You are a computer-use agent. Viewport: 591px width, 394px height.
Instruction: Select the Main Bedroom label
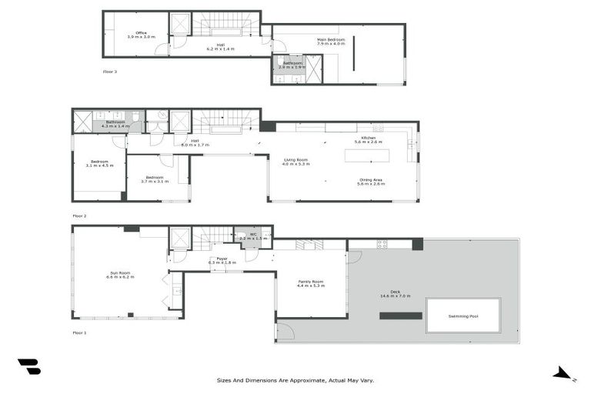tap(331, 41)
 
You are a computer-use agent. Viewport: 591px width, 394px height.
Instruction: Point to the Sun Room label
tap(119, 275)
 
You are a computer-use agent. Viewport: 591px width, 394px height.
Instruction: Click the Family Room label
tap(311, 283)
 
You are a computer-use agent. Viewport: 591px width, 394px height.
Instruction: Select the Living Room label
tap(295, 162)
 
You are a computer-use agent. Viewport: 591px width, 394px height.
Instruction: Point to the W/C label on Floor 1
tap(252, 237)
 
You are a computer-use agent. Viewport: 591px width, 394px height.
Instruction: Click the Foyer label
tap(221, 261)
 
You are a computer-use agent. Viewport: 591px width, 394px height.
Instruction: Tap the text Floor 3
tap(110, 72)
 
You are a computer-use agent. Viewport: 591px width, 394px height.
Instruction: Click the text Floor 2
tap(79, 216)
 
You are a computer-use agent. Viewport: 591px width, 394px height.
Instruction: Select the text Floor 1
tap(79, 333)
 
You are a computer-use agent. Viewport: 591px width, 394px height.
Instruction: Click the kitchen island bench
tap(366, 155)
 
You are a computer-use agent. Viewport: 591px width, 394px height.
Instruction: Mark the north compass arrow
tap(563, 374)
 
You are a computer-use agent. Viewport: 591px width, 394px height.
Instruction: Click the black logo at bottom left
tap(29, 367)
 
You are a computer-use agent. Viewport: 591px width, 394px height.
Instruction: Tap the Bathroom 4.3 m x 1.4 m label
tap(115, 123)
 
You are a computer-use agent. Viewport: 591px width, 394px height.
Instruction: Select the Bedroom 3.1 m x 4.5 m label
tap(99, 163)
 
